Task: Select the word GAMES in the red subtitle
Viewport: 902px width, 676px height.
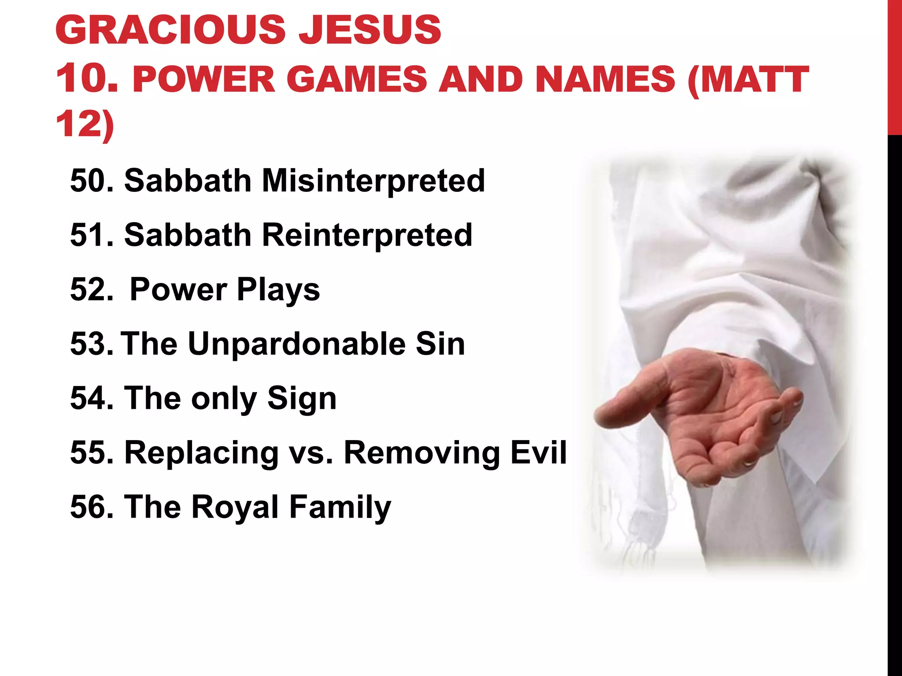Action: coord(356,80)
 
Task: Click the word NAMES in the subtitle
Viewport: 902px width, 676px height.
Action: coord(605,80)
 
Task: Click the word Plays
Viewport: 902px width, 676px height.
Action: coord(278,290)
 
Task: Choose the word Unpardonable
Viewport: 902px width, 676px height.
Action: coord(296,344)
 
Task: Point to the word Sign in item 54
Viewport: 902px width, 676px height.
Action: coord(302,398)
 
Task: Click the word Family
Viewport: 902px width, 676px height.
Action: coord(340,507)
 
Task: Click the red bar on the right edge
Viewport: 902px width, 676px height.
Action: coord(895,66)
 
